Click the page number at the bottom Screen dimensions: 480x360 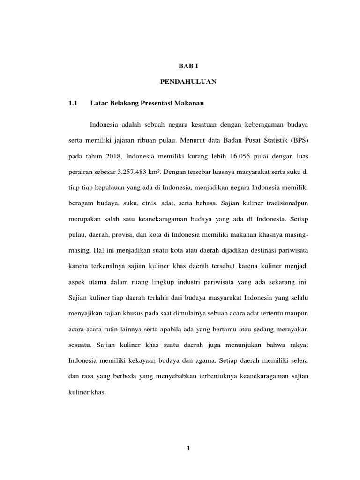pyautogui.click(x=188, y=448)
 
